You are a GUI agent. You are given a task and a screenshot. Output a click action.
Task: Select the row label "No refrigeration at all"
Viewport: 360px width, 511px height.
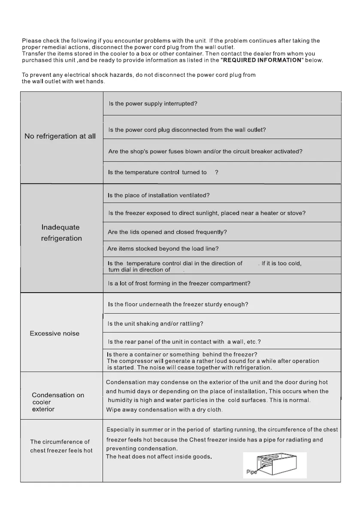pyautogui.click(x=60, y=136)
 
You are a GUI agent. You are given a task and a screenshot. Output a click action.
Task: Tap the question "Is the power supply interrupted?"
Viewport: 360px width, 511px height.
pyautogui.click(x=153, y=104)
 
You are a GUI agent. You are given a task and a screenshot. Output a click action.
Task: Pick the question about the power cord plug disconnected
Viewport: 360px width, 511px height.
pyautogui.click(x=187, y=130)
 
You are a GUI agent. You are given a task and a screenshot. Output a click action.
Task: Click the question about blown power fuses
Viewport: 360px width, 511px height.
pyautogui.click(x=206, y=151)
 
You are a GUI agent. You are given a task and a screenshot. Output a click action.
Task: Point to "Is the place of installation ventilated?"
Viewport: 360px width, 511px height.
pyautogui.click(x=158, y=195)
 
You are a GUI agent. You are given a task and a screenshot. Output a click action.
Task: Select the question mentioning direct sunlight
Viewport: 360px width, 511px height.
pyautogui.click(x=206, y=213)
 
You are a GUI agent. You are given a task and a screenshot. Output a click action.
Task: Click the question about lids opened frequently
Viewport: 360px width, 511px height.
pyautogui.click(x=167, y=232)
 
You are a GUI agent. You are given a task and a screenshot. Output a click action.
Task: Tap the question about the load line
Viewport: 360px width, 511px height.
pyautogui.click(x=163, y=249)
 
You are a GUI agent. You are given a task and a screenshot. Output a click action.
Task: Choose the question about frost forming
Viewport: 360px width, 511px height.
pyautogui.click(x=179, y=283)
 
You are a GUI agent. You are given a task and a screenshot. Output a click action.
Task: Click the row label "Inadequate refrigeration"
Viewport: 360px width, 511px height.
pyautogui.click(x=61, y=233)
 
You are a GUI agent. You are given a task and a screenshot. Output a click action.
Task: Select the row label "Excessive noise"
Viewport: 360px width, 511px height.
pyautogui.click(x=54, y=333)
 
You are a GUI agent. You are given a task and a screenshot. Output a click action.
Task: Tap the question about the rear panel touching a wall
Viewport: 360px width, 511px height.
pyautogui.click(x=185, y=342)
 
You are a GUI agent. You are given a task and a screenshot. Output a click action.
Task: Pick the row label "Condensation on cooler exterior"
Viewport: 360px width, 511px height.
pyautogui.click(x=58, y=402)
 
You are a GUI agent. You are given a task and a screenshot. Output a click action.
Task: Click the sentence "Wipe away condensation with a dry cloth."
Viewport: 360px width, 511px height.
pyautogui.click(x=164, y=410)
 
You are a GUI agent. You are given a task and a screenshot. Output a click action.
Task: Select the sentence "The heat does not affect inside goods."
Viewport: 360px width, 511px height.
pyautogui.click(x=159, y=457)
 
